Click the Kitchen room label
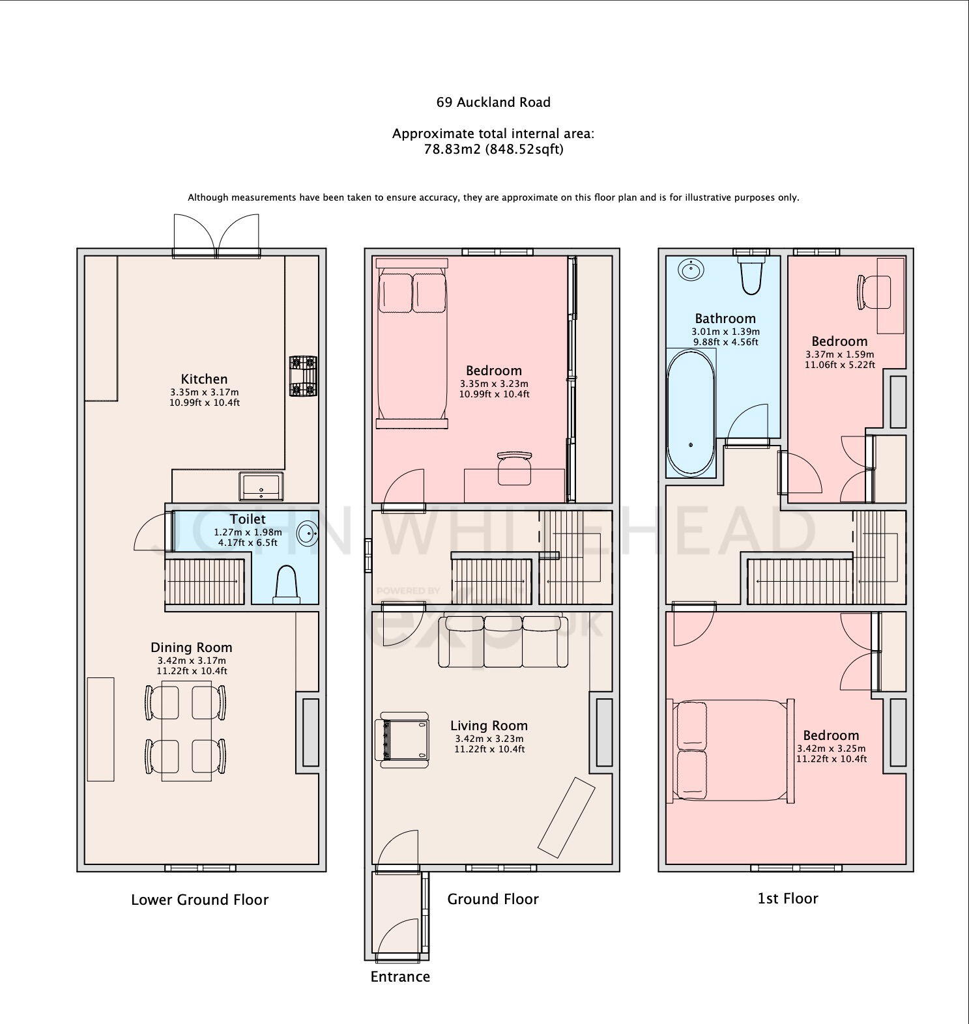click(x=204, y=378)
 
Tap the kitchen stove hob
click(x=303, y=377)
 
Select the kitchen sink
click(x=262, y=486)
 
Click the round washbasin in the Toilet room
click(x=308, y=533)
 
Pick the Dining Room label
click(x=192, y=647)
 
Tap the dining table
click(x=186, y=730)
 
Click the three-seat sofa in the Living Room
click(x=503, y=642)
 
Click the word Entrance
click(x=400, y=976)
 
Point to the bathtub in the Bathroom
click(x=691, y=413)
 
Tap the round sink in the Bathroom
click(x=689, y=268)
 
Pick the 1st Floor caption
click(x=788, y=898)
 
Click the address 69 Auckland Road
click(x=493, y=102)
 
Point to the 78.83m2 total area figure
click(x=452, y=149)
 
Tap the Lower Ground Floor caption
click(x=200, y=900)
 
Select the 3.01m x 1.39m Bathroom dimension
click(x=725, y=332)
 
